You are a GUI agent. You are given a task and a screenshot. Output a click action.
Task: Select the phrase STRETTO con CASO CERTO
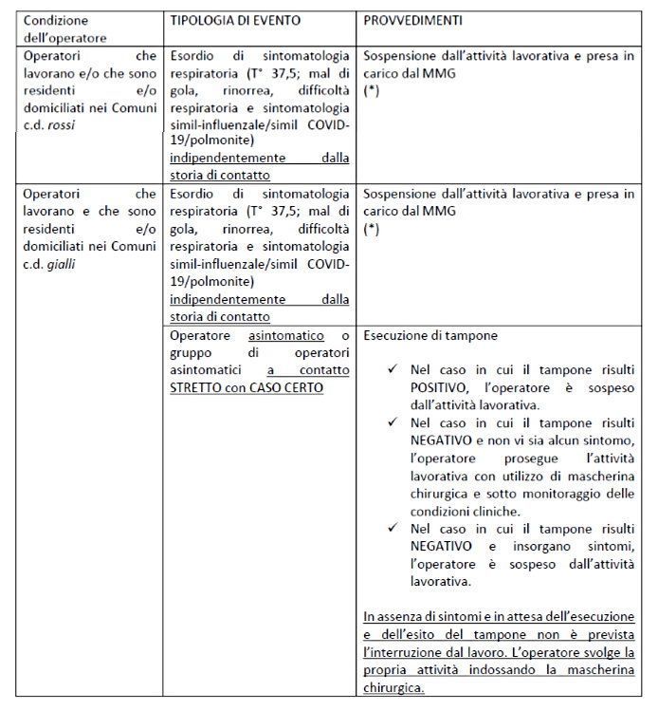pos(247,387)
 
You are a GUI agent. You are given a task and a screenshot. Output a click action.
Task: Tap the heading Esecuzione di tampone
pos(430,335)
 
